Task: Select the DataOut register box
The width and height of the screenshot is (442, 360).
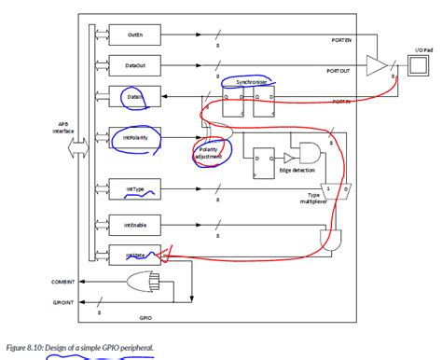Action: pyautogui.click(x=129, y=65)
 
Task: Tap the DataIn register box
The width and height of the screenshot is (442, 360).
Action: pyautogui.click(x=129, y=97)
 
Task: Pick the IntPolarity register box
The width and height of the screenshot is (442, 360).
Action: pyautogui.click(x=129, y=138)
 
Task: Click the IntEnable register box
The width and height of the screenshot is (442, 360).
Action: pyautogui.click(x=129, y=225)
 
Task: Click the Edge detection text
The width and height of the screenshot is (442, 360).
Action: pyautogui.click(x=297, y=171)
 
